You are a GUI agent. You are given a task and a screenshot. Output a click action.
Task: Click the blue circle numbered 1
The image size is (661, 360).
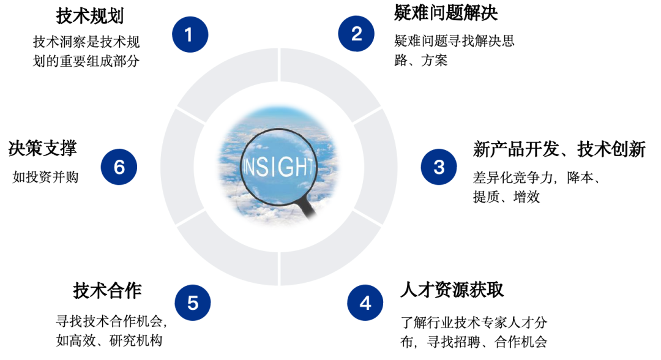click(x=190, y=34)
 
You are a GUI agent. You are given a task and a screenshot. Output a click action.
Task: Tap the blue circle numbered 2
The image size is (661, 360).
click(x=356, y=34)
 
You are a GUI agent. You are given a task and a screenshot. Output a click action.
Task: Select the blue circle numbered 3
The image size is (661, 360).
click(x=438, y=167)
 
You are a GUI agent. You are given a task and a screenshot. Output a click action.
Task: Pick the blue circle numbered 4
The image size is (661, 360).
click(x=365, y=302)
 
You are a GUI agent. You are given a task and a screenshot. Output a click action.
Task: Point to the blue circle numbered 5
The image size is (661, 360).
click(x=192, y=302)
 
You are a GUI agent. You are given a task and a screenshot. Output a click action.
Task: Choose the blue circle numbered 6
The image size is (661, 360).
click(x=119, y=167)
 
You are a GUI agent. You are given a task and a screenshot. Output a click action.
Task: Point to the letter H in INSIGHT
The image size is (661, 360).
click(x=299, y=167)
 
